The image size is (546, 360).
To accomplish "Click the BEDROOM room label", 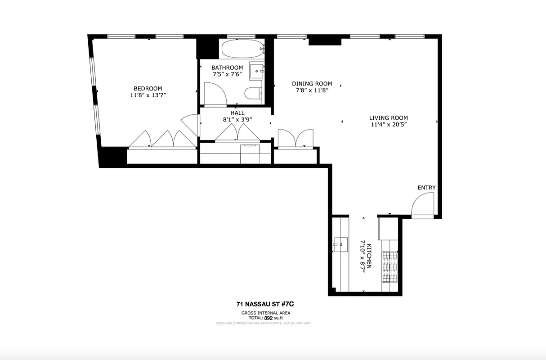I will [x=148, y=89].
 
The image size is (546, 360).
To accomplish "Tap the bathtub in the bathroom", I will [x=241, y=49].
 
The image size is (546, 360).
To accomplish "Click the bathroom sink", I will [x=257, y=71].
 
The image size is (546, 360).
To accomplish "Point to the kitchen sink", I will [x=340, y=246].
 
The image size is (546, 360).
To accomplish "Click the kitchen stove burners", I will [x=389, y=266].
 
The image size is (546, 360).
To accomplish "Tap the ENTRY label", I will [x=426, y=188].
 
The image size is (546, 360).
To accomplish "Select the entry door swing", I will [x=423, y=205].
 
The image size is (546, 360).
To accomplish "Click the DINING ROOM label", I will [x=312, y=84].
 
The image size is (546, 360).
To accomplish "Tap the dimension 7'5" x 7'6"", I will [x=227, y=74].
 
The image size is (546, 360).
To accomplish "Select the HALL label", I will [x=237, y=113].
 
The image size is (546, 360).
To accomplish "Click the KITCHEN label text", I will [x=369, y=256].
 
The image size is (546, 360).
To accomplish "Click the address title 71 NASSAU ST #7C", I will [x=266, y=305].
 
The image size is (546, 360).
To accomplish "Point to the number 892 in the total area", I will [x=268, y=318].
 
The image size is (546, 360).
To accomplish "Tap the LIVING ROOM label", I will [x=388, y=118].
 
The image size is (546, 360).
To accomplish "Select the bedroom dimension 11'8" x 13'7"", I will [x=148, y=95].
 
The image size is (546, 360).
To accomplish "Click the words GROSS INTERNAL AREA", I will [x=266, y=313].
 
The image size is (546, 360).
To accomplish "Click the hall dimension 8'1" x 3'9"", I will [x=237, y=120].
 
